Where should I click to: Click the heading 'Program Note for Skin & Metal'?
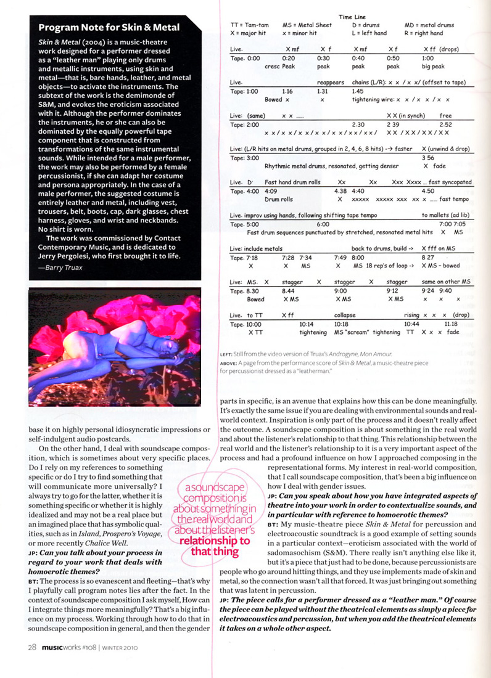coord(109,27)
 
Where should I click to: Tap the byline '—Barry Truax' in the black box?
coord(60,268)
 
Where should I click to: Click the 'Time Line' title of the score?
coord(352,17)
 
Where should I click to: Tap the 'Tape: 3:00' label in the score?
coord(245,158)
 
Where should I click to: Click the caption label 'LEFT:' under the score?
coord(226,354)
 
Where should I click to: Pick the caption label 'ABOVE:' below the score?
coord(229,363)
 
